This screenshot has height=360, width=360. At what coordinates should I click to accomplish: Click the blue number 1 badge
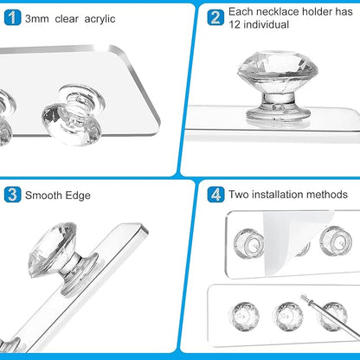click(x=13, y=17)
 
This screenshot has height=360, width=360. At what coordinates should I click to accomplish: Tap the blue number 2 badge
click(x=215, y=17)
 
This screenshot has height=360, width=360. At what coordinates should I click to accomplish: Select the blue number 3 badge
click(x=13, y=195)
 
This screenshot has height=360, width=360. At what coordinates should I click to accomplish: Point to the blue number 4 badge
click(x=215, y=195)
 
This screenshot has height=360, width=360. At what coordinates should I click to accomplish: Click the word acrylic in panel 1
click(x=100, y=19)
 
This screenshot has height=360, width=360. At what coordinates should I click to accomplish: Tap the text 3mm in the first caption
click(x=36, y=19)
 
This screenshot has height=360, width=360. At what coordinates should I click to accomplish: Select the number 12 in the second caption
click(x=235, y=24)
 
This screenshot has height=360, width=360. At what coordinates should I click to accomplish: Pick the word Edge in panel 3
click(x=78, y=196)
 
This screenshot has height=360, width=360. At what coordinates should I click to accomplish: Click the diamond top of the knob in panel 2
click(x=278, y=70)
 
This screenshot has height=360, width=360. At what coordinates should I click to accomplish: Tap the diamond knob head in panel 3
click(x=54, y=247)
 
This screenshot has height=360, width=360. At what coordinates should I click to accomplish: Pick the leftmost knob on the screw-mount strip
click(x=244, y=316)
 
